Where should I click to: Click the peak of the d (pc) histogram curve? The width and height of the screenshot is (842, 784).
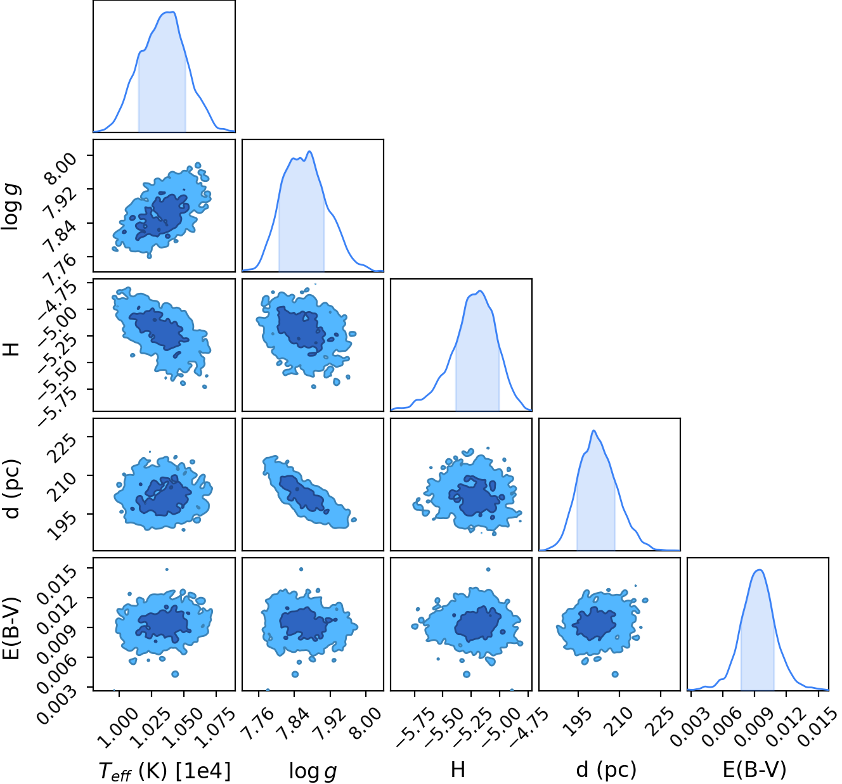[593, 431]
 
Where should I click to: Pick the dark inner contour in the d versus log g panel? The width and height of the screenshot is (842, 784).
[302, 493]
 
